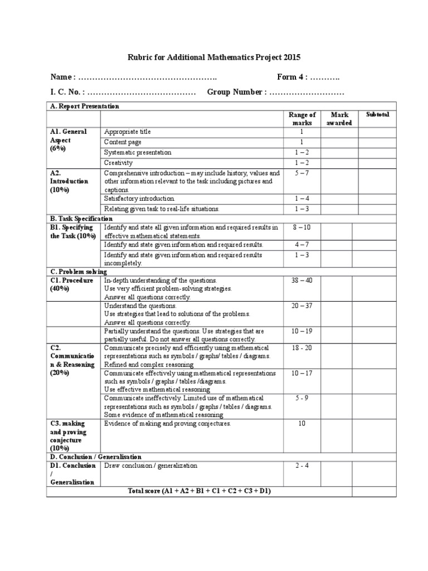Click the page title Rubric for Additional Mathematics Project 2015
(214, 57)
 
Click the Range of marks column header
(303, 119)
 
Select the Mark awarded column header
(339, 119)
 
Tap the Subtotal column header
(377, 115)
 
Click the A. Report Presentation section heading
(84, 106)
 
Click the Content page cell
(123, 142)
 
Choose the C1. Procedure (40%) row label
(70, 284)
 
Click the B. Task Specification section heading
(81, 219)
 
